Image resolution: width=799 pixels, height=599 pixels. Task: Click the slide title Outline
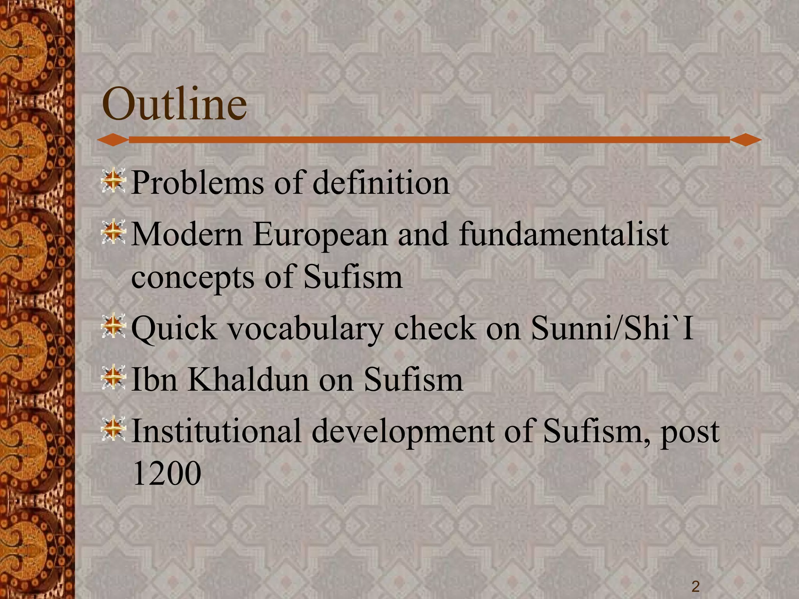[174, 104]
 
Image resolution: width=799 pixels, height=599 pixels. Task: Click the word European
[320, 235]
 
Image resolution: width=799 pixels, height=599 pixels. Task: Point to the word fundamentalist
[564, 235]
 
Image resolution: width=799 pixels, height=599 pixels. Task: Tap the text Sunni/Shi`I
[613, 328]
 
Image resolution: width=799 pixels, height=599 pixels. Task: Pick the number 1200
[167, 473]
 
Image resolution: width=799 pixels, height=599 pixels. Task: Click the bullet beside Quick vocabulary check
[113, 326]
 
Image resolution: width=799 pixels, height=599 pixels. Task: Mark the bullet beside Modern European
[113, 233]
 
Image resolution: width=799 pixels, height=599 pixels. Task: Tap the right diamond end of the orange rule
[746, 140]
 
